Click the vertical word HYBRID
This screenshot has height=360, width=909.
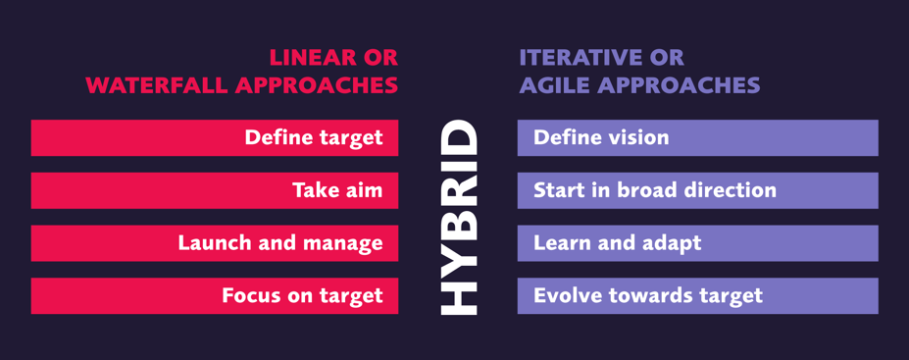[x=458, y=217]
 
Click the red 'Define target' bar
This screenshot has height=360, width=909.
[x=214, y=137]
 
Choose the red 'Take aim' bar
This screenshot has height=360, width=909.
[x=214, y=190]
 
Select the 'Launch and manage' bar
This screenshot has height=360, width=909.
[x=214, y=243]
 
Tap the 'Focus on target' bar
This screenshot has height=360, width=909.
[x=214, y=295]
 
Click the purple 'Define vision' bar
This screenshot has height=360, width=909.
[x=697, y=137]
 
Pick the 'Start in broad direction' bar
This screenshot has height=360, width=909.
[x=697, y=190]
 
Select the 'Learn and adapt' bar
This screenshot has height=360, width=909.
[x=697, y=243]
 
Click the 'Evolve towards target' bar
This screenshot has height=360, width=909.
[x=697, y=295]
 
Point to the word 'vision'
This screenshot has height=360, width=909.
[x=636, y=137]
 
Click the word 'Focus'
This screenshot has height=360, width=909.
[x=251, y=295]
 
